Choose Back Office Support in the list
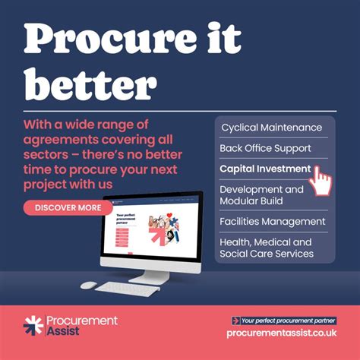point(265,148)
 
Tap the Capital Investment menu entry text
point(264,169)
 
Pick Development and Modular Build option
point(261,195)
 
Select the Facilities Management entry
point(272,222)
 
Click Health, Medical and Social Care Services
point(266,248)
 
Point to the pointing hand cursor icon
point(322,181)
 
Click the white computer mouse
point(89,286)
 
